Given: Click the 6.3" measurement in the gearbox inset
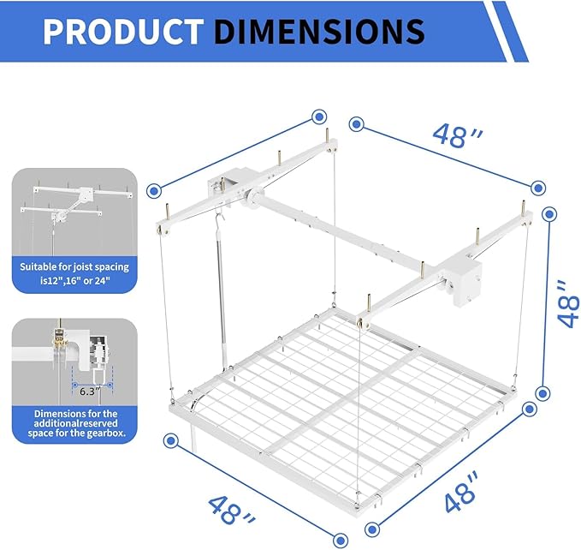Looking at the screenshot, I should [x=86, y=391].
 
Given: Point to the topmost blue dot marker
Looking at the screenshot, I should [x=320, y=116].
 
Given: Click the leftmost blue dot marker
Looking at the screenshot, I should [x=154, y=191].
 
